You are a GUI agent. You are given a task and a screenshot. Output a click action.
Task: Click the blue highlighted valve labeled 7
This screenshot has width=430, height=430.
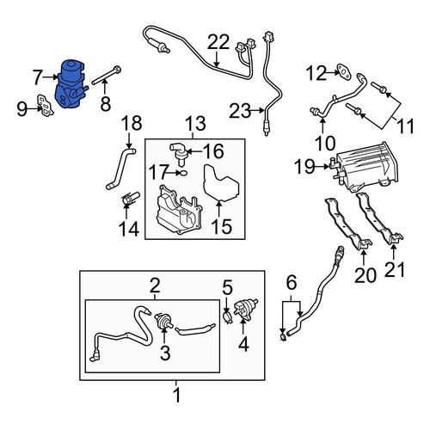pos(70,84)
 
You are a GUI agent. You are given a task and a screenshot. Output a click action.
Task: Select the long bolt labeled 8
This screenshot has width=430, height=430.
pos(107,76)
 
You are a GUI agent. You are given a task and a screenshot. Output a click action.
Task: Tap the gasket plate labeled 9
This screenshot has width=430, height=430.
pos(46,105)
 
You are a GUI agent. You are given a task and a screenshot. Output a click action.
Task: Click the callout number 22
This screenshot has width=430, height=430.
pos(218,42)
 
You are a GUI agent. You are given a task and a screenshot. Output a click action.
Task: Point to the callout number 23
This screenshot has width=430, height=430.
pos(240,111)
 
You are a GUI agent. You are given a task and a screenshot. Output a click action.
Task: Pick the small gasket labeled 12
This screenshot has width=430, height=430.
pos(344,71)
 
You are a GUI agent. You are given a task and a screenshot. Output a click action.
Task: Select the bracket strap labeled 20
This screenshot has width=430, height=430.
pos(347,224)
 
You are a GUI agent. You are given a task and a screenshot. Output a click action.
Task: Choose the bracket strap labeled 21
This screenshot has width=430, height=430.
pos(378,218)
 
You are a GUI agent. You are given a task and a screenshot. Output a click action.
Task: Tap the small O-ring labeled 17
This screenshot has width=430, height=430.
pos(183,173)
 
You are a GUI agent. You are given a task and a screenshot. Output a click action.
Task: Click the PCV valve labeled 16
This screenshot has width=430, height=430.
pos(177,154)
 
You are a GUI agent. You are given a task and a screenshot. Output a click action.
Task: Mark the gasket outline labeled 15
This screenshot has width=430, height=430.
pos(220,182)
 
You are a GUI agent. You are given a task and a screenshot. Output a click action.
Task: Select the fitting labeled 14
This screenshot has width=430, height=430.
pos(130,199)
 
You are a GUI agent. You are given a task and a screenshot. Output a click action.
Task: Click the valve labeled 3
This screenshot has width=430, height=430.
pos(163,322)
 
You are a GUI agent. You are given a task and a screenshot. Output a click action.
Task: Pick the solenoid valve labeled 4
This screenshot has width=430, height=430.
pos(245,309)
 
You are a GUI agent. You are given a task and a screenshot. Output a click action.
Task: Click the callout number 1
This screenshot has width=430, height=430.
pos(177,395)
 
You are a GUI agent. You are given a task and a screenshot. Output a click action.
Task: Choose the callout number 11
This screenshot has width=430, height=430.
pos(405,126)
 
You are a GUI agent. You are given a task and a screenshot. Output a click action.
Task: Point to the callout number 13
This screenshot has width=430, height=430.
pos(195,123)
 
